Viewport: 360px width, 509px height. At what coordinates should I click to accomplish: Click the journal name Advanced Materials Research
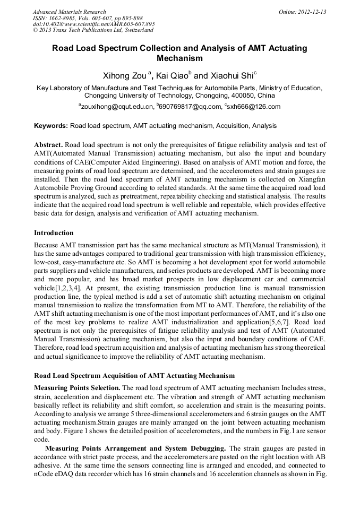pos(69,12)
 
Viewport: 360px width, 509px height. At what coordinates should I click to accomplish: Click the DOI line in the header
pos(93,24)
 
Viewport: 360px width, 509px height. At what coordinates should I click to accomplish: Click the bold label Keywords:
pos(50,126)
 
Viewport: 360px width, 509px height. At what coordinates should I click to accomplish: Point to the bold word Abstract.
pos(48,145)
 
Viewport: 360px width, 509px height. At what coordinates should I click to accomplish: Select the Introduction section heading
pos(54,233)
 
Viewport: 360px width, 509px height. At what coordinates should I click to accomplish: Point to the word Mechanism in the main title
pos(180,58)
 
